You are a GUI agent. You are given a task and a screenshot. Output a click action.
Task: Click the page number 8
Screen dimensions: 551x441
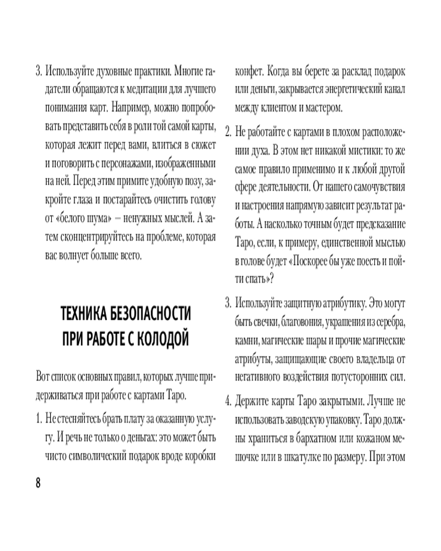coord(38,482)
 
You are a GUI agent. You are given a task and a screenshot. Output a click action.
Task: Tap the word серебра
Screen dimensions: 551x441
coord(388,321)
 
